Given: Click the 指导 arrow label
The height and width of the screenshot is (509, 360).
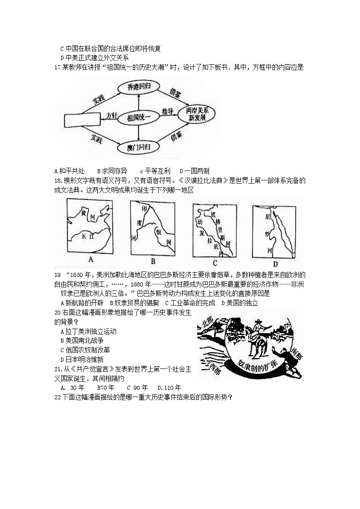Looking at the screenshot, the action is pos(168,111).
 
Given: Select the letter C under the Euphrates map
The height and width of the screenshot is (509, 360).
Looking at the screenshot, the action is pos(215,263).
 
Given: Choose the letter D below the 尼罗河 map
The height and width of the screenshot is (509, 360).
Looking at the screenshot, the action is pos(275,264).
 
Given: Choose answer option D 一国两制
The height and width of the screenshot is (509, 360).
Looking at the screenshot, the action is pos(195,171).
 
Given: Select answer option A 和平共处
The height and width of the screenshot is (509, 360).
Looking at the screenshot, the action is pos(69,171).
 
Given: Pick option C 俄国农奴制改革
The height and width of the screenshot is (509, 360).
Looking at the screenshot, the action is pos(85,350).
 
